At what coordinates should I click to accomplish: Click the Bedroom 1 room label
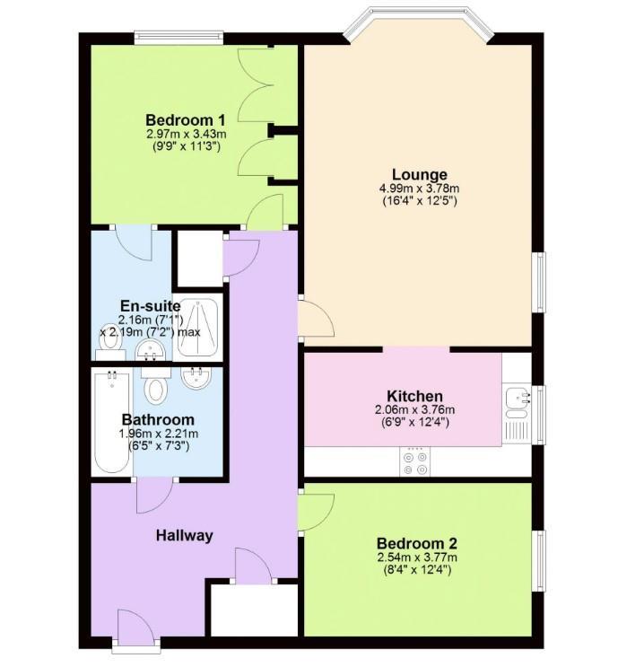pos(185,119)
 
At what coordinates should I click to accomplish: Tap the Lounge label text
pos(419,174)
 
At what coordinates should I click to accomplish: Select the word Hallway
pos(185,536)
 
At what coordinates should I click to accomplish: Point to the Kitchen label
pos(413,396)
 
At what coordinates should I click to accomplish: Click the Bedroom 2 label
pos(417,543)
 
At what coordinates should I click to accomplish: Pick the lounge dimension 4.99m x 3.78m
pos(419,189)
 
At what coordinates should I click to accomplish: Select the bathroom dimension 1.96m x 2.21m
pos(158,434)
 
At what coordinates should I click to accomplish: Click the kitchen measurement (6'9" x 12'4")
pos(413,422)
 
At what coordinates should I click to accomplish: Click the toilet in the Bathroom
pos(157,390)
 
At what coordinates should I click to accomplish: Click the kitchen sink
pos(517,401)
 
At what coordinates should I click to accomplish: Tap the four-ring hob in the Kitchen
pos(415,461)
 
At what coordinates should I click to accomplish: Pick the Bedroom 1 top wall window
pos(178,39)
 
